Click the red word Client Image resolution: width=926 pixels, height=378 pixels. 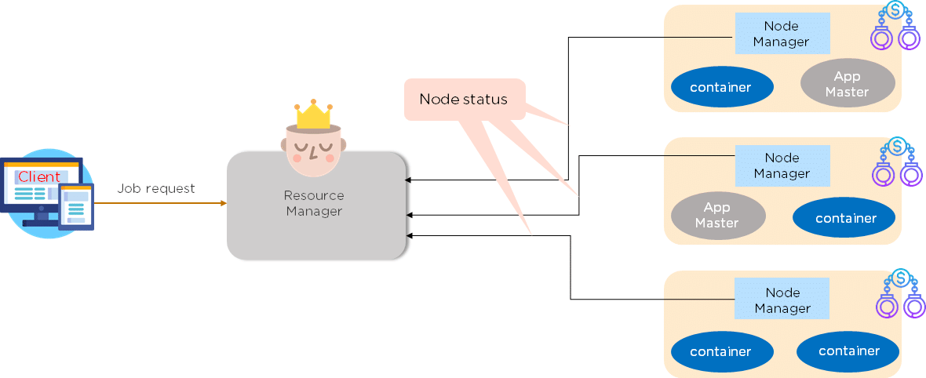pos(39,176)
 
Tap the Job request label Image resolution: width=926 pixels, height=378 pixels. pos(156,188)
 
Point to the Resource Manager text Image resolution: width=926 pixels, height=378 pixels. pos(314,203)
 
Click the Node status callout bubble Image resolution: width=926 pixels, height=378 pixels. pos(463,100)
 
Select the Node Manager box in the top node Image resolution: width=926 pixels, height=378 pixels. pos(781,34)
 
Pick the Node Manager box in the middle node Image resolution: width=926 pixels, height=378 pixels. pos(781,165)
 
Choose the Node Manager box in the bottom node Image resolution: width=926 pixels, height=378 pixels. pos(782,300)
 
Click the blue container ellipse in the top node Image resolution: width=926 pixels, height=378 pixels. pos(720,87)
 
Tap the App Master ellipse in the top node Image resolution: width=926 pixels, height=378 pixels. pos(848,83)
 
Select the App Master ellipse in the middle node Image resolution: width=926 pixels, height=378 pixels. pos(717,215)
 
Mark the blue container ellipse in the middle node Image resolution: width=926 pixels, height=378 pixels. pos(845,218)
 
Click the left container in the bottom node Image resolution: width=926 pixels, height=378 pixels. pos(720,351)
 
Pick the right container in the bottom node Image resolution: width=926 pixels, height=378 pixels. pos(848,351)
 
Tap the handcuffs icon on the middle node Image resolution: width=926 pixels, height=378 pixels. pos(895,162)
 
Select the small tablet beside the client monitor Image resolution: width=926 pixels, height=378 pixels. pos(77,207)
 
